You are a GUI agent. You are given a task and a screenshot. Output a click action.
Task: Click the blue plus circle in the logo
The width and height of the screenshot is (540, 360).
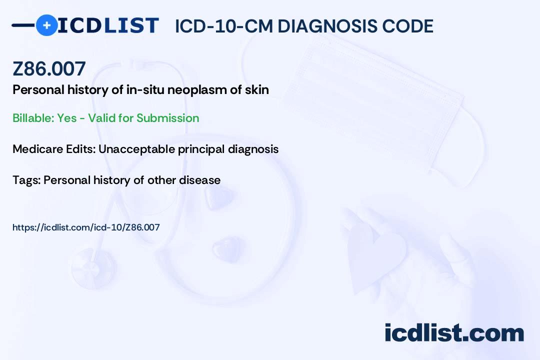coord(46,25)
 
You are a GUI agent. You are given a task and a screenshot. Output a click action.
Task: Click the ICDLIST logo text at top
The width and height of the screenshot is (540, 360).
coord(108,25)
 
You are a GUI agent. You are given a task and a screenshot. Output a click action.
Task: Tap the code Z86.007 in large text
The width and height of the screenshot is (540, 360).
coord(49,68)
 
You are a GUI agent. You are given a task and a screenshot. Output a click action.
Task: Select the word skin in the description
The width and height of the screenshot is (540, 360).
coord(257,90)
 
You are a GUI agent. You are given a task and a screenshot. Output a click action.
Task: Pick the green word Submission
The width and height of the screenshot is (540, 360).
coord(168,118)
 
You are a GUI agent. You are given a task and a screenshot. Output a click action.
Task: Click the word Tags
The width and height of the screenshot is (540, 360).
coord(25,180)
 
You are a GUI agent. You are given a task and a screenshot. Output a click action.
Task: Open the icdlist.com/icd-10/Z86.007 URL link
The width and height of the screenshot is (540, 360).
coord(86,227)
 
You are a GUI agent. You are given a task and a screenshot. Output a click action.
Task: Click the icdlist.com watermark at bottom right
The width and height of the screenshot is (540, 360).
coord(454,332)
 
